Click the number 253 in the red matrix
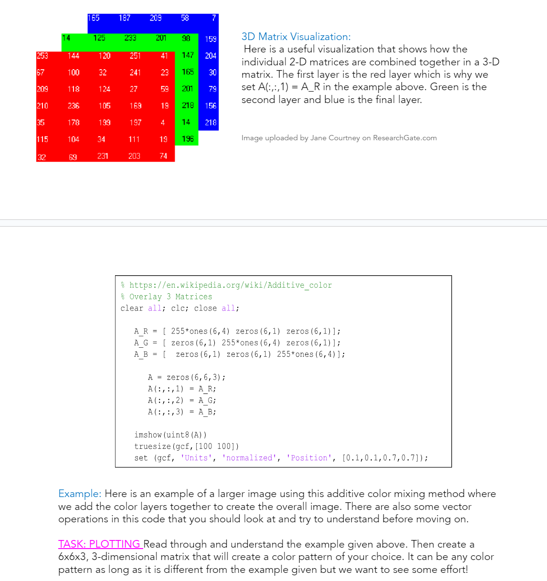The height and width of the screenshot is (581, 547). [42, 56]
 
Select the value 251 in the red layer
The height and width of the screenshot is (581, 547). [135, 56]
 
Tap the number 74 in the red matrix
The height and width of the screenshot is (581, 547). [163, 156]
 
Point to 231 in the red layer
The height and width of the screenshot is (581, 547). [103, 156]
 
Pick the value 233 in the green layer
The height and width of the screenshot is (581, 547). [130, 38]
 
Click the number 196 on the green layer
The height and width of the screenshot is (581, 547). [188, 139]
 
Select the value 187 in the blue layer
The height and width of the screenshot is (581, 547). [125, 18]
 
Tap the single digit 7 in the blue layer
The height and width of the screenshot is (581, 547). [214, 18]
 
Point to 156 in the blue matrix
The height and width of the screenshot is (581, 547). [210, 106]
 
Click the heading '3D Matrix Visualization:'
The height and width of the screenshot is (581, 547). [296, 37]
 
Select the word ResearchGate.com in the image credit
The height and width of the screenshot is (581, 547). [405, 138]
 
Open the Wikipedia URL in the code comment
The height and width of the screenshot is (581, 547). [231, 285]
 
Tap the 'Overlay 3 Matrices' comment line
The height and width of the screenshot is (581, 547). [170, 297]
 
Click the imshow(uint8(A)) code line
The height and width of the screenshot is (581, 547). [170, 435]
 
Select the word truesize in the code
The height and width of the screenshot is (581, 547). [153, 446]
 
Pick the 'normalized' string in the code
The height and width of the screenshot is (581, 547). [249, 458]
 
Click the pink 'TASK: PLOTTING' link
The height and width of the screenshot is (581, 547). [100, 544]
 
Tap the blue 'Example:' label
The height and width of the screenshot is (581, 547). [80, 494]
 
